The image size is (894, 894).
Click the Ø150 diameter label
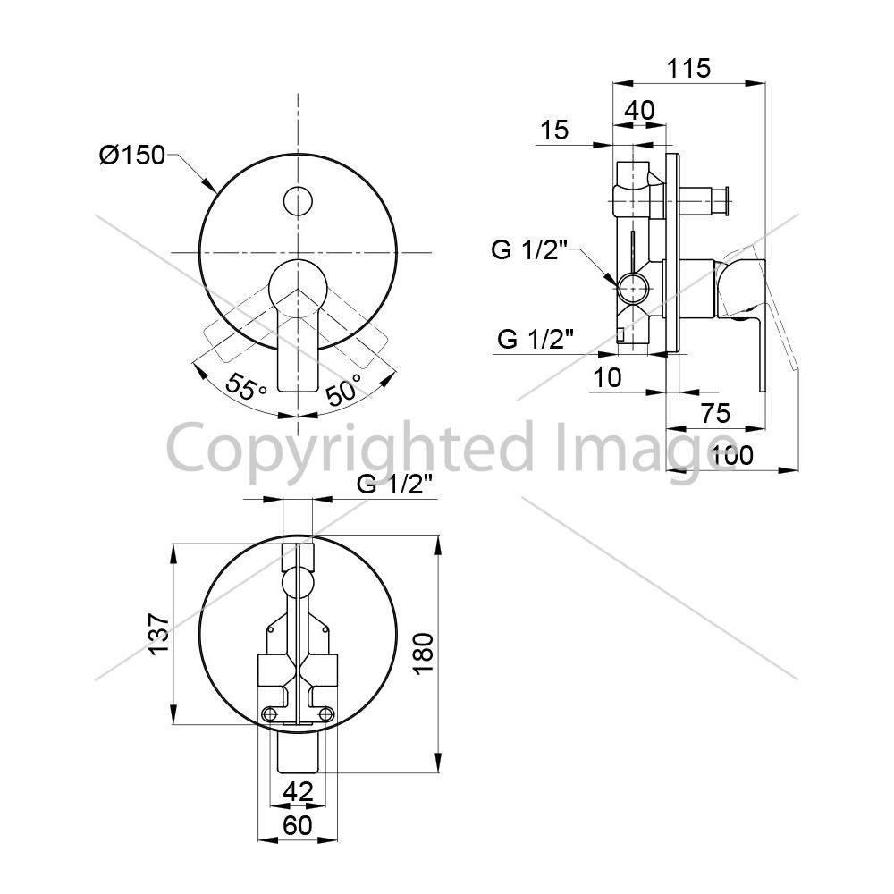click(132, 155)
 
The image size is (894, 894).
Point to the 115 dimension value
click(688, 69)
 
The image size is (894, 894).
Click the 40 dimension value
click(640, 110)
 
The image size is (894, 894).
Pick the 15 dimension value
click(554, 130)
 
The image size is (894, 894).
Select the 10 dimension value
click(607, 378)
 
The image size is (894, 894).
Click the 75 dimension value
click(715, 413)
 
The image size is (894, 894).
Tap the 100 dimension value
click(731, 456)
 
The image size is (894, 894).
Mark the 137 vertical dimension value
click(159, 634)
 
